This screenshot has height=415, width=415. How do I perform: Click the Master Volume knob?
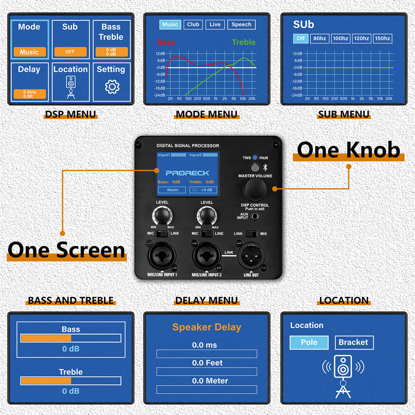coord(255,189)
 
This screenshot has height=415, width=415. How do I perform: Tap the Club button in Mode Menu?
coord(193,25)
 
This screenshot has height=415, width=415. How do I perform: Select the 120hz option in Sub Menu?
coord(361,38)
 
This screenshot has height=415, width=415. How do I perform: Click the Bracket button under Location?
coord(354,343)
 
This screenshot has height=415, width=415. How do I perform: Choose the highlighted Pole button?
coord(309,343)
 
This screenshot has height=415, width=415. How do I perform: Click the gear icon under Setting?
coord(112,87)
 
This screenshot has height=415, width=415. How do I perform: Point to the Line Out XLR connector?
coord(251,256)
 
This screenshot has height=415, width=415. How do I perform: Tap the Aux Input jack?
coord(255,216)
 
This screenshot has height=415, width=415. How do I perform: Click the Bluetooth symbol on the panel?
coord(265,167)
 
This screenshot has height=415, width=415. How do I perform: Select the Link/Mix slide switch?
coord(251,234)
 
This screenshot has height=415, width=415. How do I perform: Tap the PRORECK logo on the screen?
coord(187,173)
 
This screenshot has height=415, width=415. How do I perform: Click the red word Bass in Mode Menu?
coord(166,42)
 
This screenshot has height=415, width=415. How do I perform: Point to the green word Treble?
coord(243,42)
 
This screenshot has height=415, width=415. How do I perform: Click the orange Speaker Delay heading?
coord(207,327)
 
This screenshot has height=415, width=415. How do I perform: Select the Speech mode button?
coord(241,25)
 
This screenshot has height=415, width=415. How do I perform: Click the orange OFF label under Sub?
coord(70,52)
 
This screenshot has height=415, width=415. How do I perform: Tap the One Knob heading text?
coord(348,150)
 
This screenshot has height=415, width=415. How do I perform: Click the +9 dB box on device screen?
coord(203,190)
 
